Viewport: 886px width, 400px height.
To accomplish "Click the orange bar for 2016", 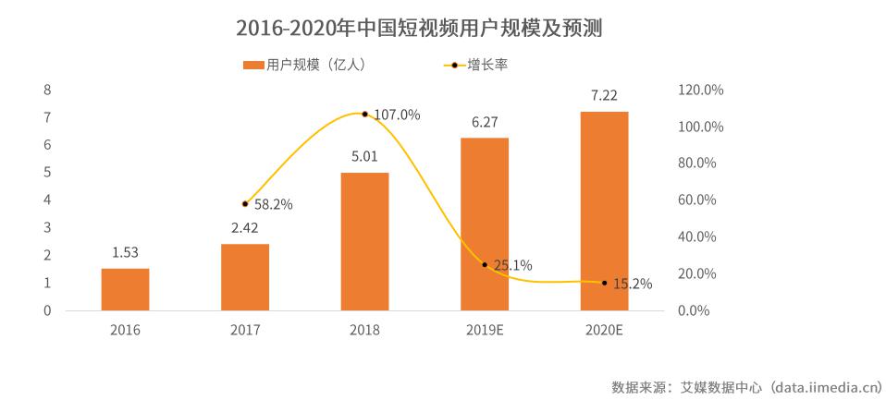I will pyautogui.click(x=125, y=289).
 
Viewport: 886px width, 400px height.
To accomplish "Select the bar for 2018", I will pyautogui.click(x=364, y=241).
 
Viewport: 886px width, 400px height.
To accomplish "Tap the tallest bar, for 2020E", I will pyautogui.click(x=604, y=211).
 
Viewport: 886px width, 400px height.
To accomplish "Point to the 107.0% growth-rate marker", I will pyautogui.click(x=364, y=115).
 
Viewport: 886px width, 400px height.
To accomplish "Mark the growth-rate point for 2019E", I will pyautogui.click(x=485, y=265).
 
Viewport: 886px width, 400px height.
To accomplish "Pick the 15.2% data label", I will pyautogui.click(x=633, y=284).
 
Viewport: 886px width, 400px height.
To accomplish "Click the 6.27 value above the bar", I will pyautogui.click(x=485, y=121).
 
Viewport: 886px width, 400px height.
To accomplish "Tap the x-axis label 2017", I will pyautogui.click(x=244, y=330).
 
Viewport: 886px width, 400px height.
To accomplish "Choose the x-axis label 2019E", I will pyautogui.click(x=485, y=330).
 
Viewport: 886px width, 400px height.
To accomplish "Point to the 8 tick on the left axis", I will pyautogui.click(x=47, y=91).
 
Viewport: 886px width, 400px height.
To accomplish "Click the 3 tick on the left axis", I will pyautogui.click(x=47, y=228).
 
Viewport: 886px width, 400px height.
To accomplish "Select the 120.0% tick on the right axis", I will pyautogui.click(x=700, y=91).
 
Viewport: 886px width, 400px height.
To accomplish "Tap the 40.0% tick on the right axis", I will pyautogui.click(x=696, y=237).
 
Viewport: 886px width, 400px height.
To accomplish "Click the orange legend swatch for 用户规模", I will pyautogui.click(x=252, y=65).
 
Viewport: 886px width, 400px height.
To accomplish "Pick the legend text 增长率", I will pyautogui.click(x=487, y=65).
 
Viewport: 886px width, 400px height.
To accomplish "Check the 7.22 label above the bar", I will pyautogui.click(x=604, y=95).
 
